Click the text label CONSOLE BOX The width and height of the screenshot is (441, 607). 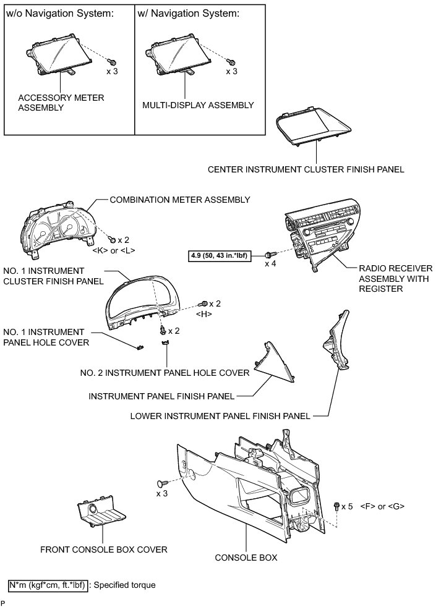pyautogui.click(x=246, y=558)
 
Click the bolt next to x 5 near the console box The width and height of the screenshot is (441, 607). pyautogui.click(x=336, y=506)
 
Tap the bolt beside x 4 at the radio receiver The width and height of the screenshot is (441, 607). pyautogui.click(x=269, y=253)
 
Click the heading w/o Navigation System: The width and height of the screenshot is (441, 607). pyautogui.click(x=59, y=13)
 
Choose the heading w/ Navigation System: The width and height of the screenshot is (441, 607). pyautogui.click(x=186, y=13)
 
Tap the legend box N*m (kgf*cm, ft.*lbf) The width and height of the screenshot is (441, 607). pyautogui.click(x=48, y=584)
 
